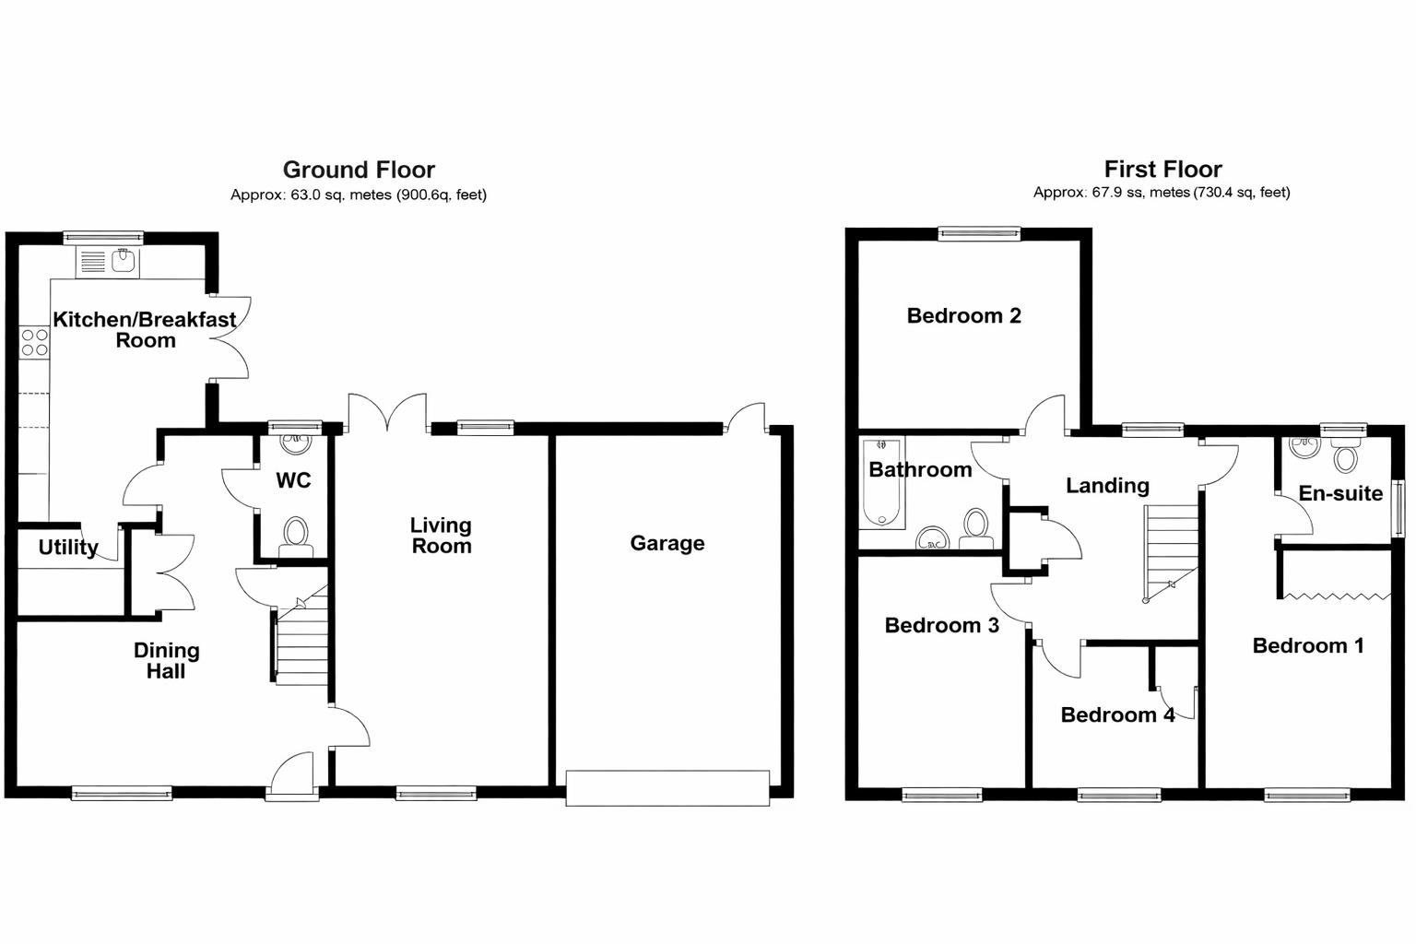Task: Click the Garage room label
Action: pyautogui.click(x=667, y=543)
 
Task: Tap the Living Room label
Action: pyautogui.click(x=441, y=536)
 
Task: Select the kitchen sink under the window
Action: pyautogui.click(x=107, y=262)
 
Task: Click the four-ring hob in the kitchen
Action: pyautogui.click(x=34, y=342)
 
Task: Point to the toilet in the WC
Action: pyautogui.click(x=295, y=535)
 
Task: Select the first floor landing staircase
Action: pyautogui.click(x=1171, y=553)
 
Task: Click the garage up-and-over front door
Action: pyautogui.click(x=667, y=788)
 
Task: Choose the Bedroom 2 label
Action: pyautogui.click(x=963, y=315)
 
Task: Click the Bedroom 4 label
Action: pyautogui.click(x=1116, y=714)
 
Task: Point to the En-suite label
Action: pyautogui.click(x=1339, y=493)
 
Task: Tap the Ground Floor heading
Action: pyautogui.click(x=359, y=170)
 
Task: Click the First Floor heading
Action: pyautogui.click(x=1162, y=169)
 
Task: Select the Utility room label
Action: pyautogui.click(x=68, y=547)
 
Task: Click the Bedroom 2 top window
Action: pyautogui.click(x=979, y=234)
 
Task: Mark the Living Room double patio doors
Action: pyautogui.click(x=387, y=413)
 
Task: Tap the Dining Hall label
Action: pyautogui.click(x=166, y=661)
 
